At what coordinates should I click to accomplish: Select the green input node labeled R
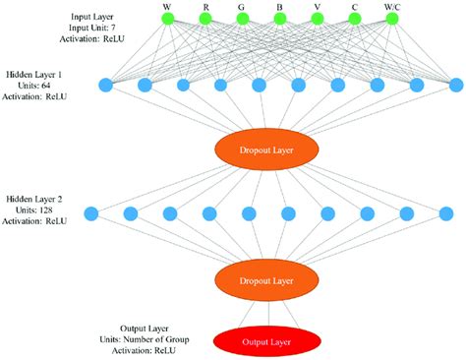click(205, 19)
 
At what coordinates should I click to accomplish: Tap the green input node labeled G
click(243, 19)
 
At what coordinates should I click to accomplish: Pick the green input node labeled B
click(280, 19)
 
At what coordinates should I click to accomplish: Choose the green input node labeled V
click(318, 19)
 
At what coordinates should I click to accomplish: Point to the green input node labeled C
click(355, 19)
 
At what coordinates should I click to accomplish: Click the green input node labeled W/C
click(392, 19)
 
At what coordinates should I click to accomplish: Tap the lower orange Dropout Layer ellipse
click(267, 280)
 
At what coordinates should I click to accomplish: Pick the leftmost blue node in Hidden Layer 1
click(106, 85)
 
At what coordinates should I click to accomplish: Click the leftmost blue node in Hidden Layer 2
click(91, 212)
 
